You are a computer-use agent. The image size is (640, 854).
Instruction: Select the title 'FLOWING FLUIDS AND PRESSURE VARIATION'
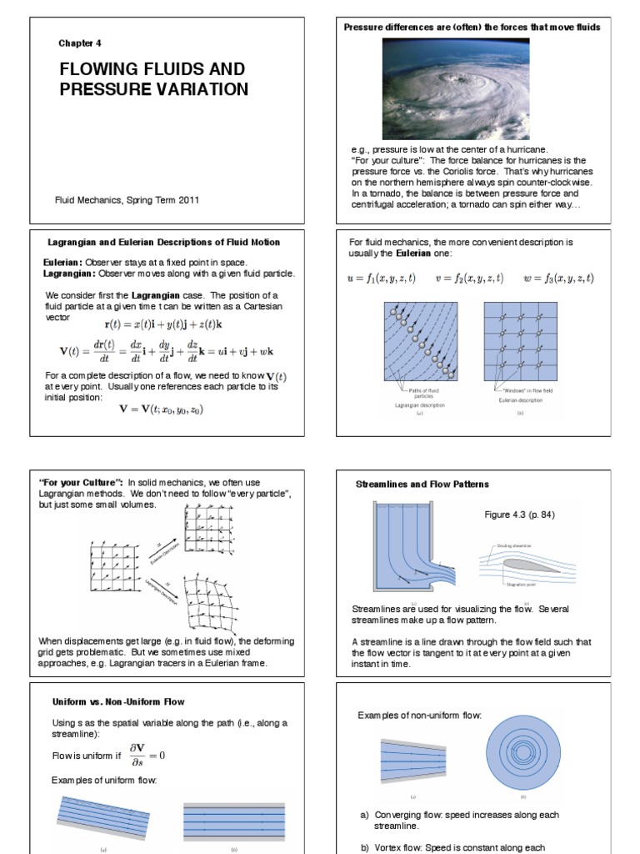coord(153,78)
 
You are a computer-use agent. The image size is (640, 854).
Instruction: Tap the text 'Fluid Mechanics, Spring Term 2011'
coord(127,199)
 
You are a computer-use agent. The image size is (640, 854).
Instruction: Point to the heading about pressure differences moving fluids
coord(472,28)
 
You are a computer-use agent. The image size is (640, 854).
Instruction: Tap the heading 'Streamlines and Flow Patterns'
coord(422,484)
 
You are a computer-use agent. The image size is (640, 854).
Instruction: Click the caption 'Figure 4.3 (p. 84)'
coord(519,515)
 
